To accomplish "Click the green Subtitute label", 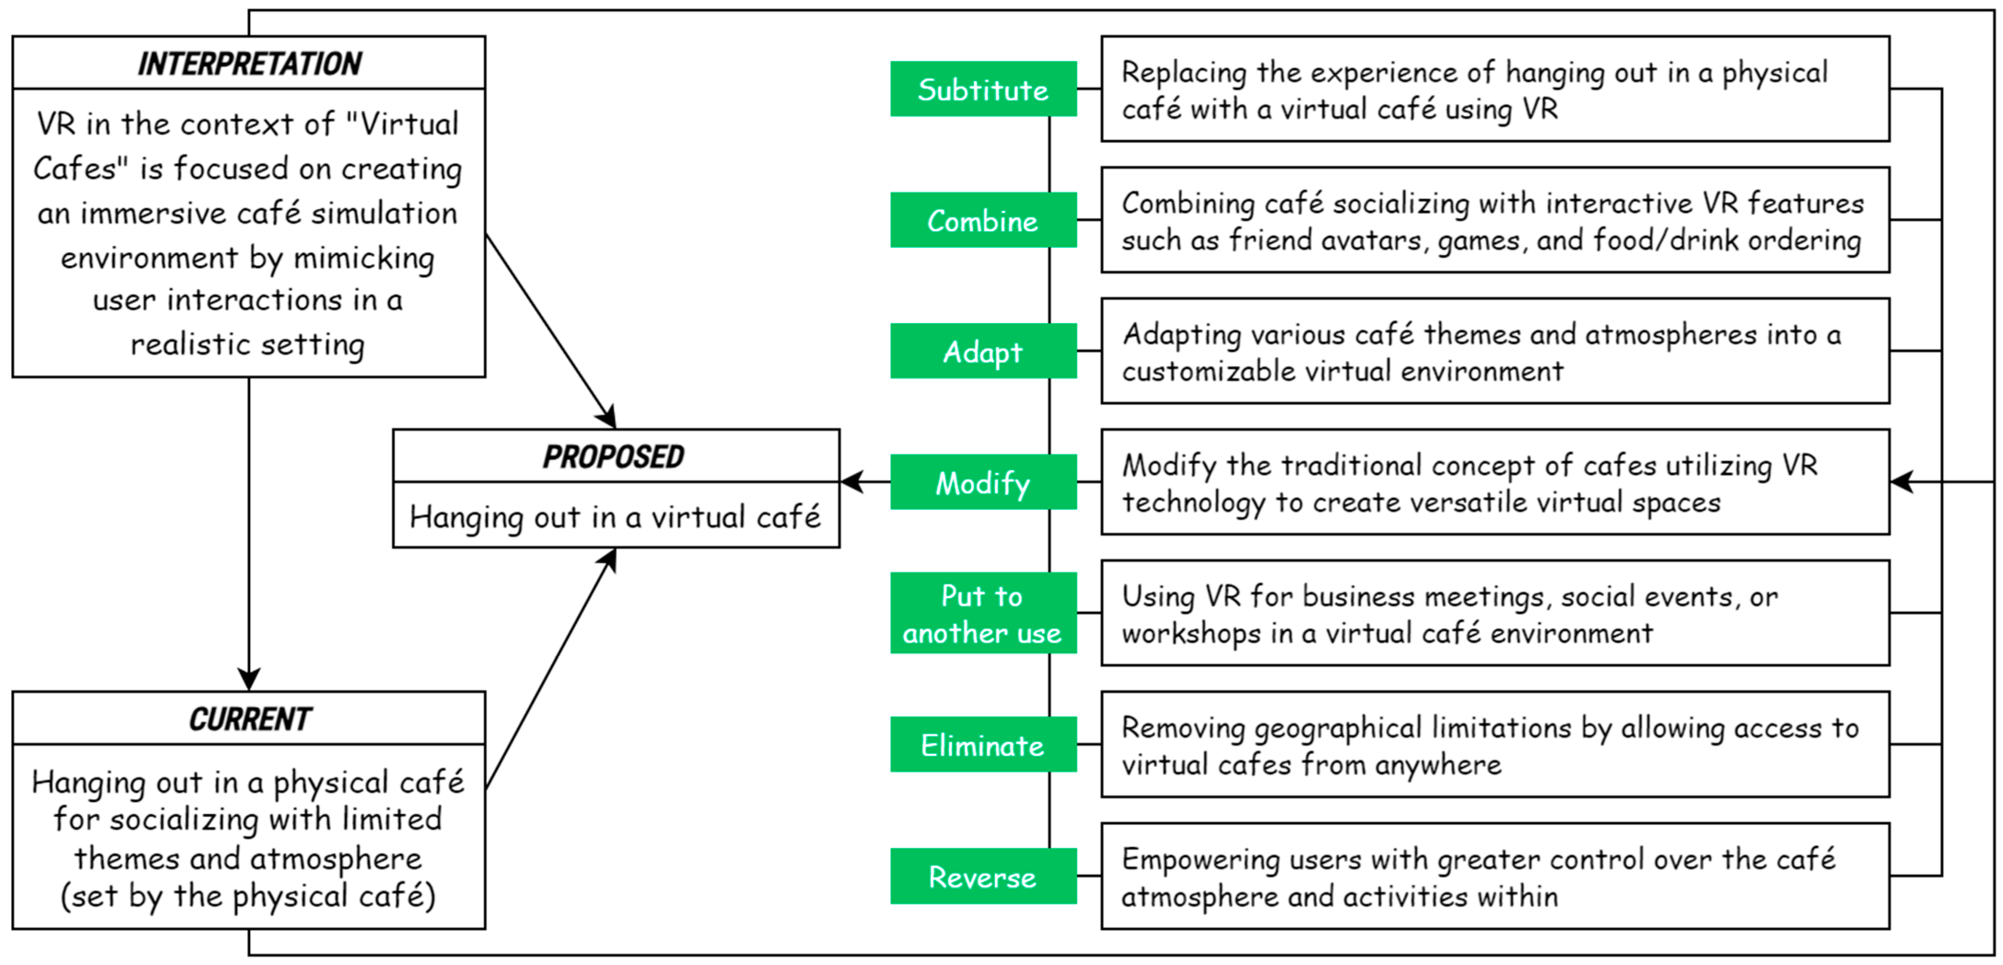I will pyautogui.click(x=983, y=89).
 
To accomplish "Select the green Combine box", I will pyautogui.click(x=983, y=221).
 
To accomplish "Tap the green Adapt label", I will pyautogui.click(x=983, y=351).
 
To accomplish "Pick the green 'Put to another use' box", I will pyautogui.click(x=983, y=614).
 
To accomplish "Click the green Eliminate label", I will pyautogui.click(x=983, y=745).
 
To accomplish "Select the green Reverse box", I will pyautogui.click(x=983, y=876).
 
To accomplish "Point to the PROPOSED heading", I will pyautogui.click(x=613, y=456).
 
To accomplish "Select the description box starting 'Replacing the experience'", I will pyautogui.click(x=1495, y=89).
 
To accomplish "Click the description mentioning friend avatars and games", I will pyautogui.click(x=1495, y=221).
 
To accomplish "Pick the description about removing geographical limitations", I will pyautogui.click(x=1495, y=745).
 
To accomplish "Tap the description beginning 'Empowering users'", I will pyautogui.click(x=1495, y=876).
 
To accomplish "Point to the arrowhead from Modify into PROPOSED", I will pyautogui.click(x=852, y=482).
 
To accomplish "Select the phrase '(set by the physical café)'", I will pyautogui.click(x=248, y=896).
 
